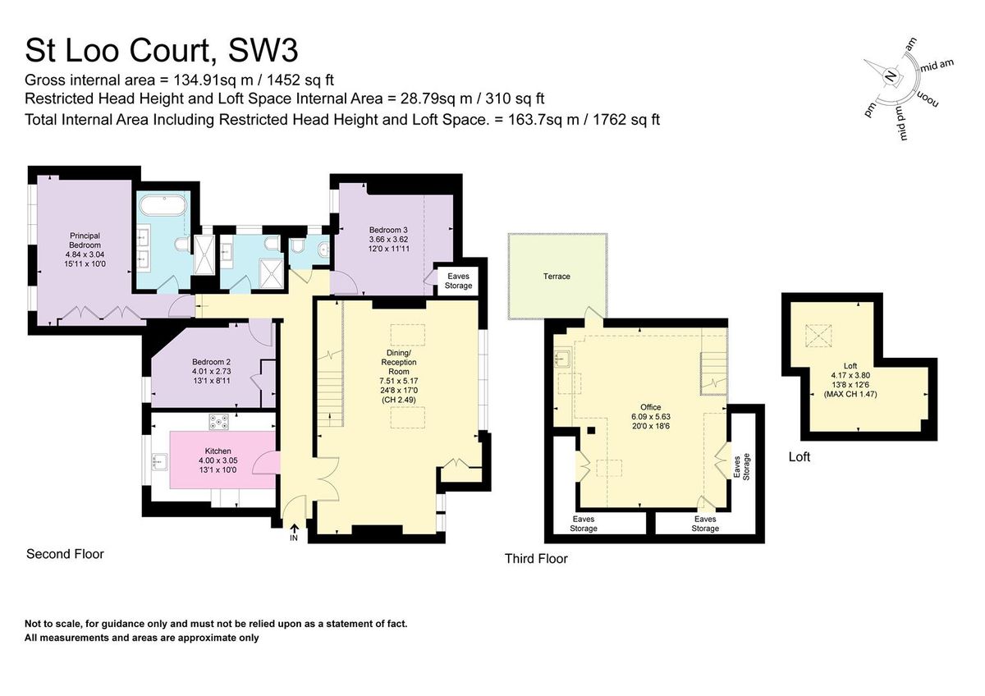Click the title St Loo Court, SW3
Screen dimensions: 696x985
point(162,50)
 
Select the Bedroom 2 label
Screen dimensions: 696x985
point(211,367)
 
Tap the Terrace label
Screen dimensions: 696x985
point(557,277)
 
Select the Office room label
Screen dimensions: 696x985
point(650,407)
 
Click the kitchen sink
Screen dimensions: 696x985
point(158,464)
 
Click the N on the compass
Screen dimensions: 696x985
point(891,76)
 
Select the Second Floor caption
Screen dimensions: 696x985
point(66,554)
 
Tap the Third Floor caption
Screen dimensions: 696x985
point(536,559)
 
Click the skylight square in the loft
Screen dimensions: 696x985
point(817,335)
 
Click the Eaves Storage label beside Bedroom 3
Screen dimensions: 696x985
point(458,281)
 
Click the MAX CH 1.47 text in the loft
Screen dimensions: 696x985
point(850,395)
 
